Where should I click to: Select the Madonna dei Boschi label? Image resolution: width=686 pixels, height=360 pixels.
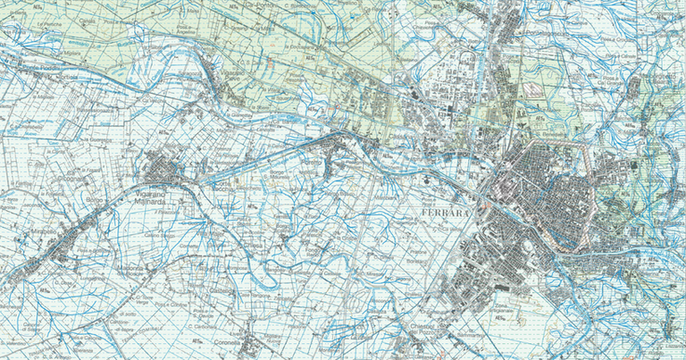(x=131, y=266)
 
